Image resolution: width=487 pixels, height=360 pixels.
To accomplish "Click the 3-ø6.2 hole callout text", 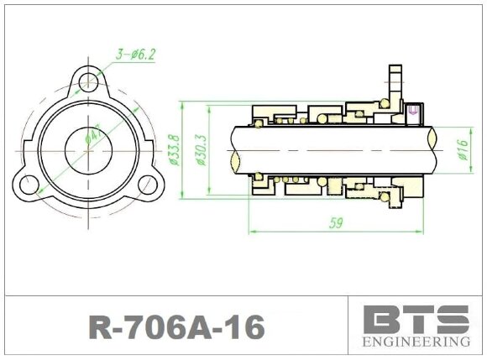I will (x=135, y=55).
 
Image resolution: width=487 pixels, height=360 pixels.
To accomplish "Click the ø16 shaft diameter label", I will (x=460, y=151).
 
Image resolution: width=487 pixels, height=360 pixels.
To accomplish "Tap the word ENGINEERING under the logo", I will (x=416, y=342).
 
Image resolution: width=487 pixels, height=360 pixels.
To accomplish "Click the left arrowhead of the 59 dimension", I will (x=251, y=232).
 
